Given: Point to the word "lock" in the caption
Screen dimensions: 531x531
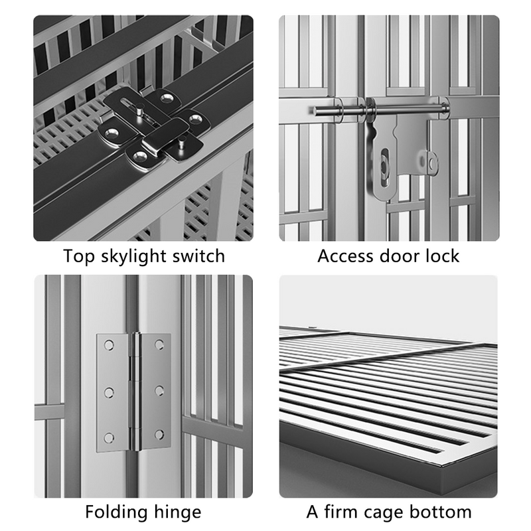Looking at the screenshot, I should [439, 256].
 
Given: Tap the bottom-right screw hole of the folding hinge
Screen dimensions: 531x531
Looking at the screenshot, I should [160, 435].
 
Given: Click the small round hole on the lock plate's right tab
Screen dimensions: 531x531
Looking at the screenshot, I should [432, 160].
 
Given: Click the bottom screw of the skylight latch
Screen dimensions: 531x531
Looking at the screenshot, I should [140, 156].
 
